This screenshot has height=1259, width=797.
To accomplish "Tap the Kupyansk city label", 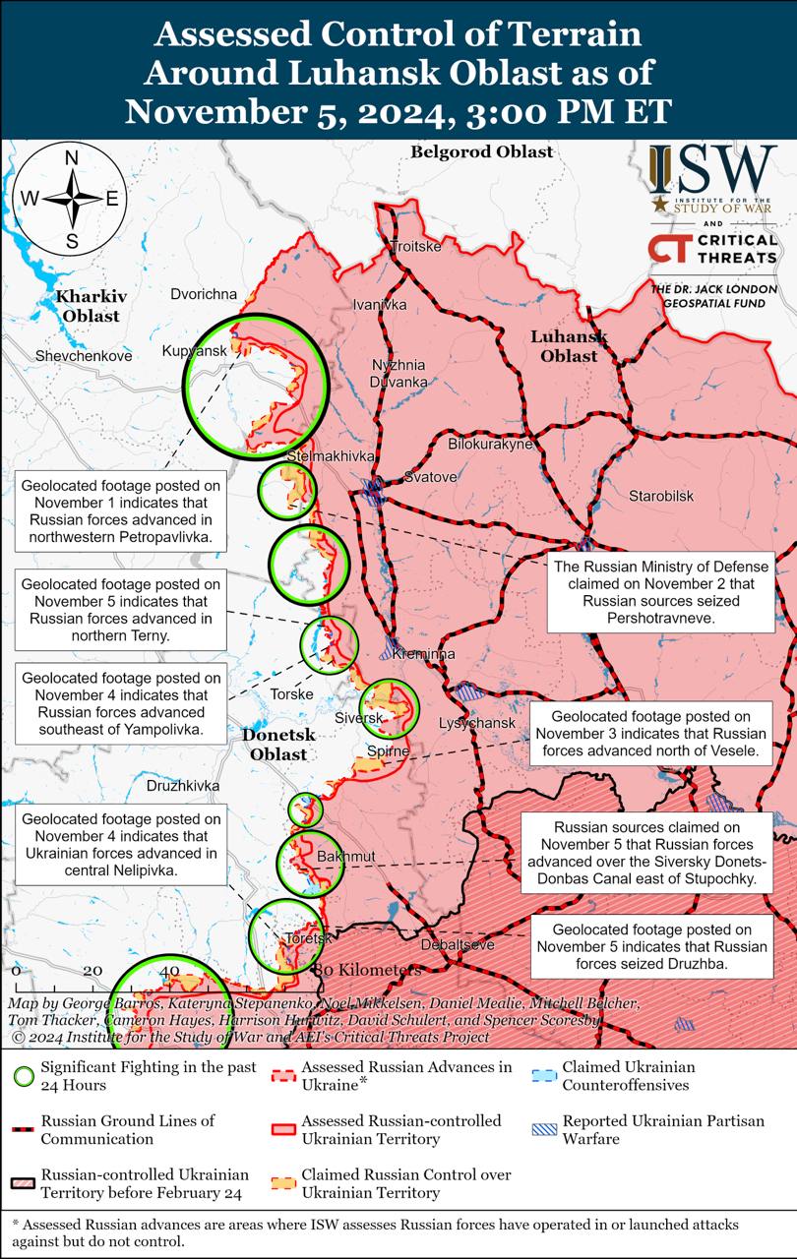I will [195, 351].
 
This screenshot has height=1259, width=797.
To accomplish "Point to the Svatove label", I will [430, 477].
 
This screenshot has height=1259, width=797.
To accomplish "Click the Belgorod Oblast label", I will [481, 151].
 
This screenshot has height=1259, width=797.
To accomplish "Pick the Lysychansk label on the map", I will [476, 723].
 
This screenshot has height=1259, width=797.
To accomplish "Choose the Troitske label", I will [416, 246].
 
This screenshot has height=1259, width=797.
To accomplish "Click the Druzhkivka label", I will [183, 786].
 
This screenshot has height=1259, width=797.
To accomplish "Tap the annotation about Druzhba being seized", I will [652, 946].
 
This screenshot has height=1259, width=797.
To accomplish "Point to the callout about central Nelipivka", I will [120, 845].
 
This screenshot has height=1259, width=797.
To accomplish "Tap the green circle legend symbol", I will [24, 1076].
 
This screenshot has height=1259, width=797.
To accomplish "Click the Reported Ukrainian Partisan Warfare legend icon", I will [544, 1129].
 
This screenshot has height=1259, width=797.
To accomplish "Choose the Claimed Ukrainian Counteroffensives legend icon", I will [544, 1076].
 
